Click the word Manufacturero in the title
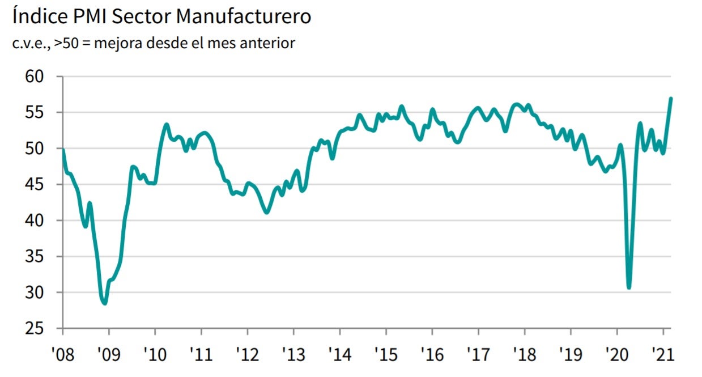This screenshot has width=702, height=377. [x=244, y=16]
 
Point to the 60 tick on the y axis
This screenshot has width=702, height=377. [x=36, y=77]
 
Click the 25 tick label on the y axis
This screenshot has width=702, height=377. [x=36, y=328]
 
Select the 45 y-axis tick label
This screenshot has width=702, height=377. [x=36, y=184]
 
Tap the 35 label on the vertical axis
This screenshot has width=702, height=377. [x=36, y=256]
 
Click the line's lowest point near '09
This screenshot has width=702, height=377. [x=105, y=303]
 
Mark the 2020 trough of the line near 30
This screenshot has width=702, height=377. [x=629, y=287]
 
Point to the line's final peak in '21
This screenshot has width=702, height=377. [x=671, y=99]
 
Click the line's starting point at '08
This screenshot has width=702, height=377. [x=62, y=150]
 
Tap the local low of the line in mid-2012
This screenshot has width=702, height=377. [x=267, y=213]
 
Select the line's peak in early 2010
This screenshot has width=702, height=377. [x=166, y=124]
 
